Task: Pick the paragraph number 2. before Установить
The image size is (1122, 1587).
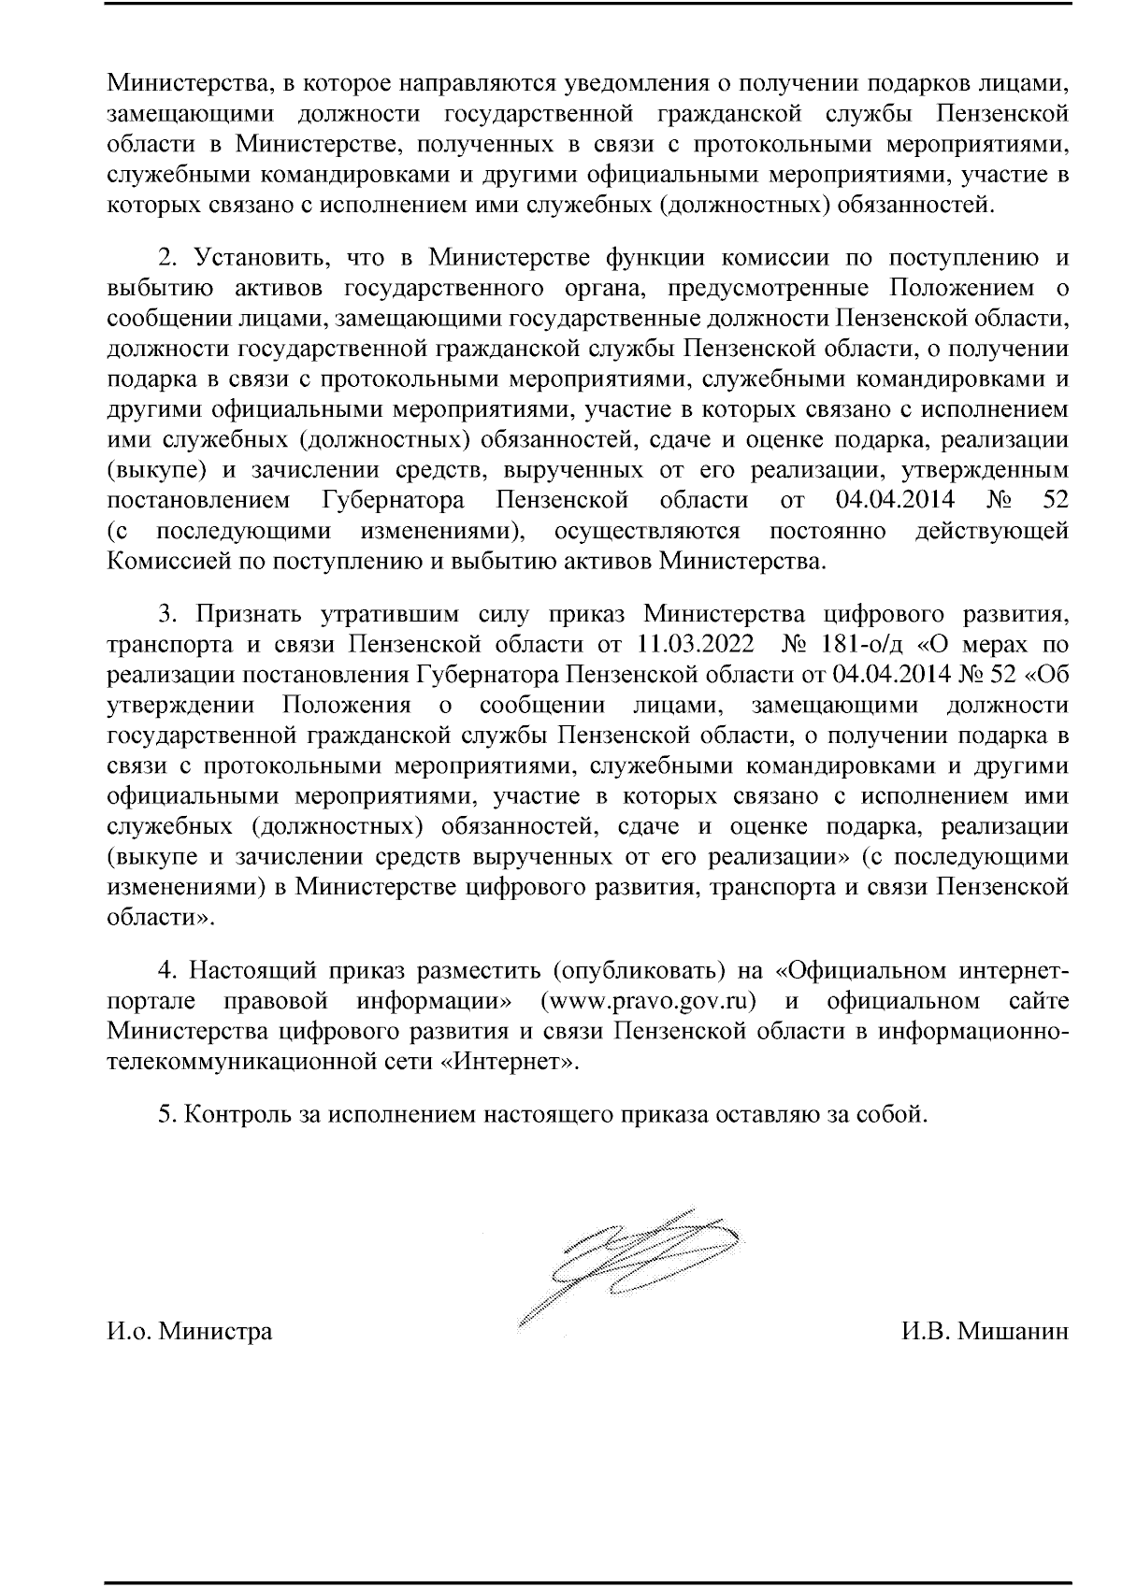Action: (x=166, y=257)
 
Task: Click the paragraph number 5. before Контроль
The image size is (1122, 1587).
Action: (x=166, y=1114)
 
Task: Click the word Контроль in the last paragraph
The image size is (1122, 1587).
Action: (x=239, y=1114)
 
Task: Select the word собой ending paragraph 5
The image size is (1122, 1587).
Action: (x=894, y=1114)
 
